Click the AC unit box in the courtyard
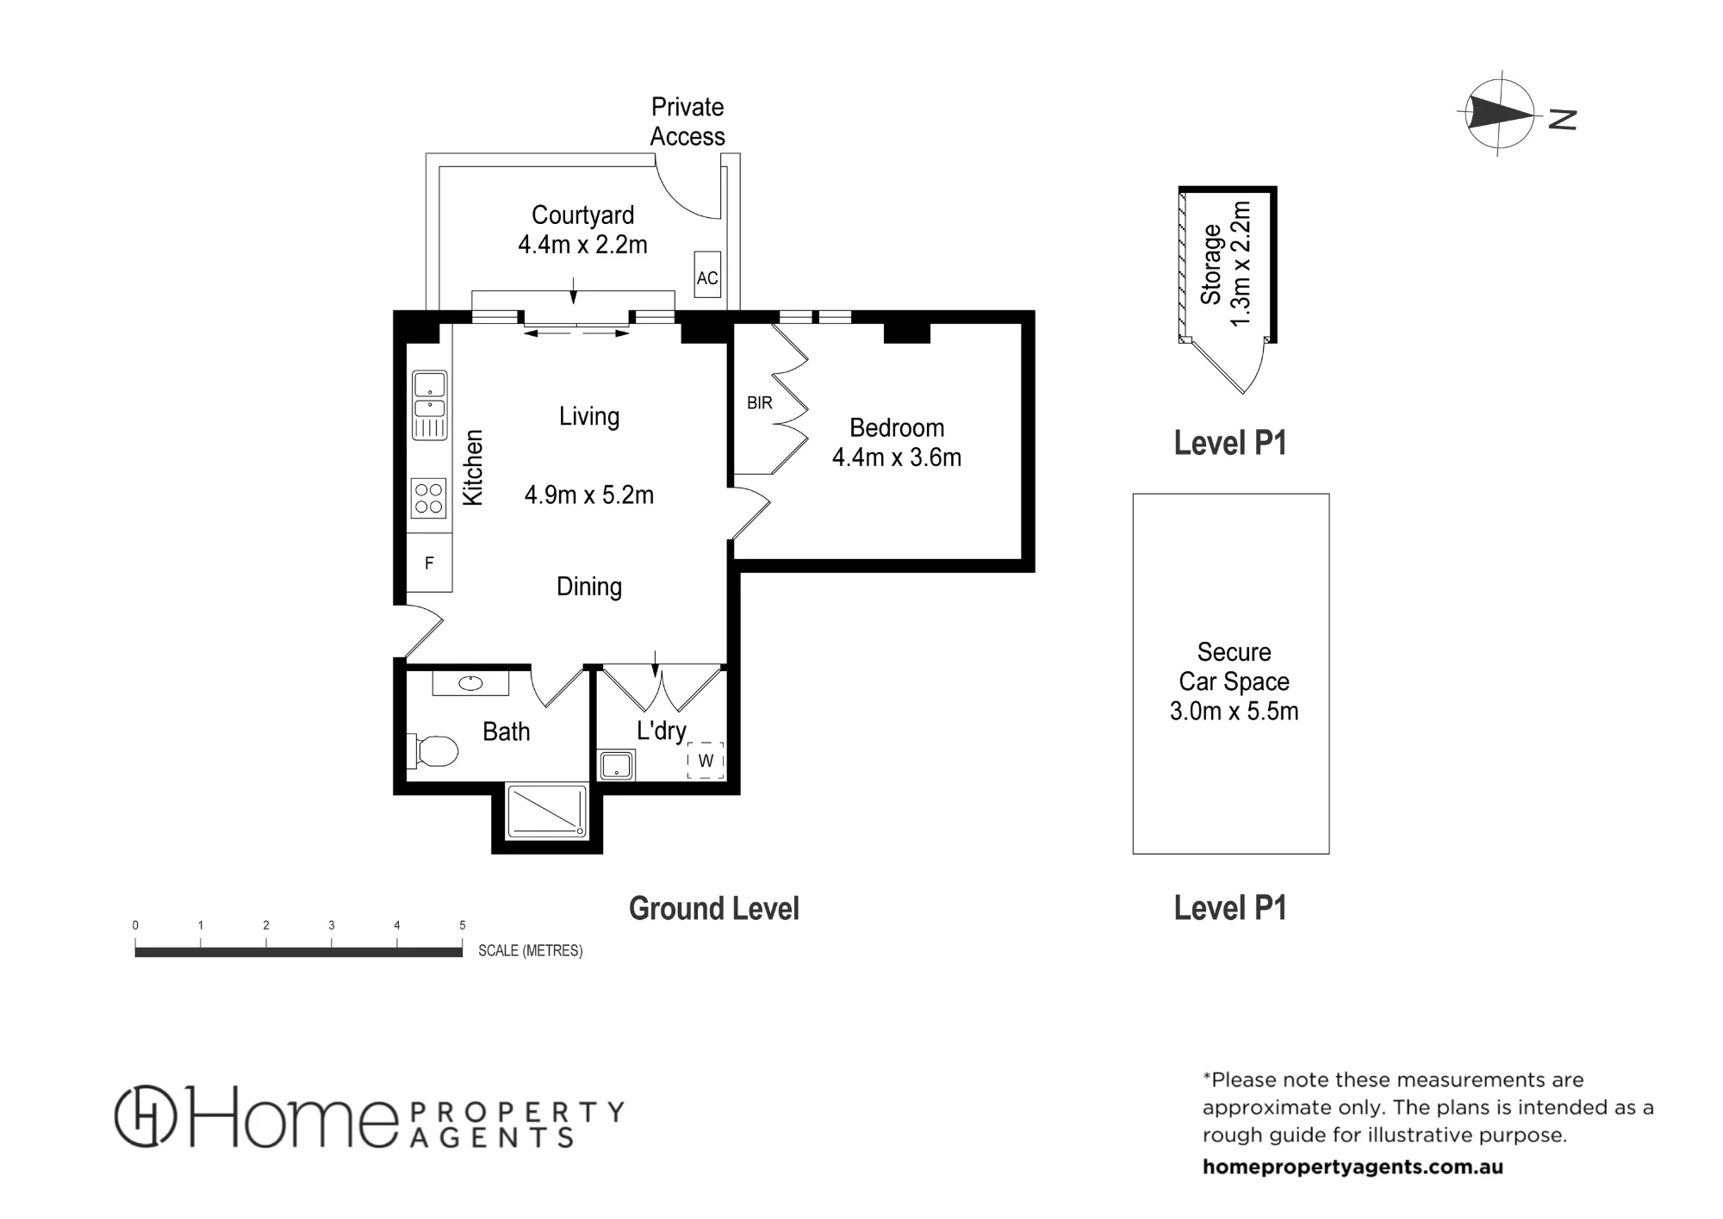pyautogui.click(x=707, y=275)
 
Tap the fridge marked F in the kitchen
pyautogui.click(x=429, y=563)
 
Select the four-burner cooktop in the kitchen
pyautogui.click(x=429, y=498)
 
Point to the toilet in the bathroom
pyautogui.click(x=436, y=750)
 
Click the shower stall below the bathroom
pyautogui.click(x=547, y=810)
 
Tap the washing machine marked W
pyautogui.click(x=706, y=761)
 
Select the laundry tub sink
pyautogui.click(x=616, y=765)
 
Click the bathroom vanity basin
pyautogui.click(x=470, y=683)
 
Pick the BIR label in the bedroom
pyautogui.click(x=760, y=402)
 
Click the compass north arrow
pyautogui.click(x=1501, y=113)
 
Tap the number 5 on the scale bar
pyautogui.click(x=463, y=925)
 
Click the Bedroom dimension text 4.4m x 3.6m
pyautogui.click(x=897, y=457)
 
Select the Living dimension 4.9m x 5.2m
pyautogui.click(x=589, y=495)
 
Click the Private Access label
pyautogui.click(x=687, y=121)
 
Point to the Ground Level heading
pyautogui.click(x=714, y=909)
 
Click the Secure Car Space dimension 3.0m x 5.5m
pyautogui.click(x=1234, y=712)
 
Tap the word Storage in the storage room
pyautogui.click(x=1211, y=264)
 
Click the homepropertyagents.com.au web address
pyautogui.click(x=1353, y=1167)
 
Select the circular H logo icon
pyautogui.click(x=146, y=1116)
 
